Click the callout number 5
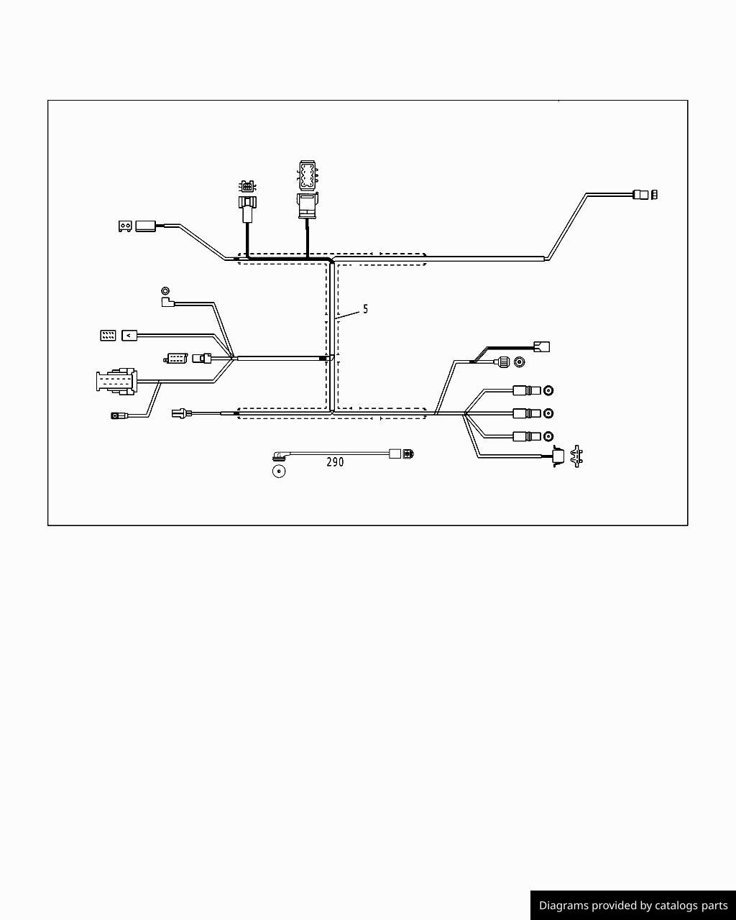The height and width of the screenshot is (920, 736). point(365,308)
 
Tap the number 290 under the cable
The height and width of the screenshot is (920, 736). point(335,461)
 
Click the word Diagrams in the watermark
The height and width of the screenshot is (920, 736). point(563,906)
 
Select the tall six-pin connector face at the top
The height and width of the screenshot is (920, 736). point(308,175)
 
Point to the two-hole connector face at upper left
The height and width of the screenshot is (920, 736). point(125,226)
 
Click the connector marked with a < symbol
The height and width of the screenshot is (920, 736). point(129,336)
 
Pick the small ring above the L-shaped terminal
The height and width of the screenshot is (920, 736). point(165,290)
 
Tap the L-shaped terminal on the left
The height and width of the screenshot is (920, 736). point(167,303)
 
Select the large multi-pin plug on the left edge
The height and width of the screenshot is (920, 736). point(116,381)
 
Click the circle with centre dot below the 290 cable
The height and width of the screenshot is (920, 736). point(279,471)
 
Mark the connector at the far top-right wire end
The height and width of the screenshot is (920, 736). point(645,195)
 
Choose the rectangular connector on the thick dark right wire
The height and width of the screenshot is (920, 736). point(542,346)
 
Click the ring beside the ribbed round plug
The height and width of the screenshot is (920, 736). point(519,362)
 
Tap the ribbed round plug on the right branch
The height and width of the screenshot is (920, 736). point(502,362)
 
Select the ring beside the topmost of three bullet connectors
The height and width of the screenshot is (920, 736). point(548,390)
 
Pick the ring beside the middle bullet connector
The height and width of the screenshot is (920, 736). point(548,413)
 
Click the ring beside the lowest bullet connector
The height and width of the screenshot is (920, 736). point(548,436)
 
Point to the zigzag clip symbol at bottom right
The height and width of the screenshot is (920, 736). point(576,456)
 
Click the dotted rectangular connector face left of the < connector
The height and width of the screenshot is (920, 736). point(108,336)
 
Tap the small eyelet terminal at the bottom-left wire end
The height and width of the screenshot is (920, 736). point(115,415)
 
